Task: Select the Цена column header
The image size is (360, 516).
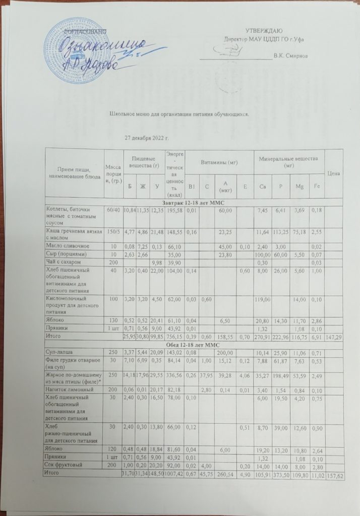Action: (334, 174)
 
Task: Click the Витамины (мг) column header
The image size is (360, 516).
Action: (216, 162)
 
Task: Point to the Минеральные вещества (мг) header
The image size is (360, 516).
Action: (288, 161)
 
